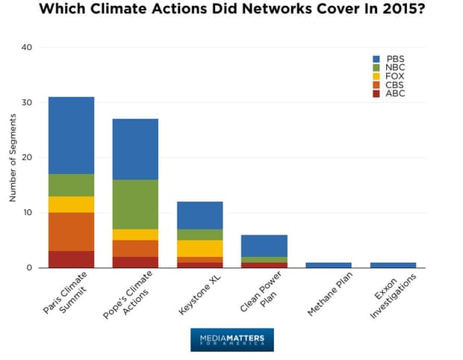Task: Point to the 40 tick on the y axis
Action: (28, 47)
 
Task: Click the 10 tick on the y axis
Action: (28, 212)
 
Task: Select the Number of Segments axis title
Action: (12, 157)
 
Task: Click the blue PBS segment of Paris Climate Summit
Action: (71, 135)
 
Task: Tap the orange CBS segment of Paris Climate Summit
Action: (71, 232)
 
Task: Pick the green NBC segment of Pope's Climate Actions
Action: (135, 204)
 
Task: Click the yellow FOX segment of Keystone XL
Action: (199, 248)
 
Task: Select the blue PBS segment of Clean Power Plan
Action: (264, 246)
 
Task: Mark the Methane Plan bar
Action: (328, 264)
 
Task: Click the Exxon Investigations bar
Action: (393, 264)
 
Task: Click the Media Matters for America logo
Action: (232, 340)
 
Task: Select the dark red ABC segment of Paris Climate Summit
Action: (71, 259)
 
